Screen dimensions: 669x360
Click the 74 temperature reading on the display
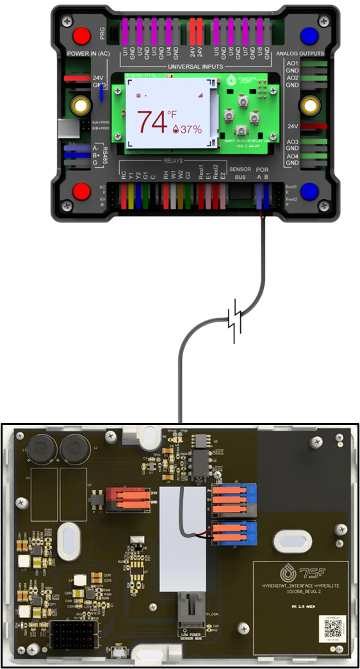tap(151, 121)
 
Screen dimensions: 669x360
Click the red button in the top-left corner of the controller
tap(81, 35)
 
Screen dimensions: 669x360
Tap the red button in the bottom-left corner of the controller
tap(81, 191)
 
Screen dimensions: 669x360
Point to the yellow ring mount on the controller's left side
tap(81, 104)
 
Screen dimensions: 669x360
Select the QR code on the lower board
tap(328, 629)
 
